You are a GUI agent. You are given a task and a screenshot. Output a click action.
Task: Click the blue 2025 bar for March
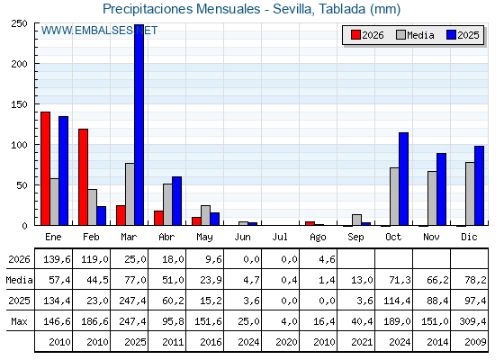tap(139, 125)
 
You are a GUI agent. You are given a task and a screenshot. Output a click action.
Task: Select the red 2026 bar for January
tap(45, 168)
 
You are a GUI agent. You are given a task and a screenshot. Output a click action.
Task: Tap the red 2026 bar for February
tap(83, 177)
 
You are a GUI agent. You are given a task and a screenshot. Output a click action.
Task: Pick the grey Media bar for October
tap(394, 196)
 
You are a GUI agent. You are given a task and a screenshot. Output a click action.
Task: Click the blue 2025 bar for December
tap(479, 185)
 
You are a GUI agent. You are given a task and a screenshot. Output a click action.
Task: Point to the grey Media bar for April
tap(167, 204)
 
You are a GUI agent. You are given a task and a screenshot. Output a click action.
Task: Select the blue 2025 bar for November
tap(441, 189)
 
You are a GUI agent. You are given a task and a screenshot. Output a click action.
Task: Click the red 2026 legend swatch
tap(355, 35)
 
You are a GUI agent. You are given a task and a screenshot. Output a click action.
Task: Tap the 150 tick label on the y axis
tap(19, 104)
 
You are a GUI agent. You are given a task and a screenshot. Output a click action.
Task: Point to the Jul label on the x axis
tap(280, 238)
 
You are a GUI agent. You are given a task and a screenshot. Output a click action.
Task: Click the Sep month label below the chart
tap(355, 238)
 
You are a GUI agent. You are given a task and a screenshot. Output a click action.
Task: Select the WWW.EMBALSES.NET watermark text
tap(99, 31)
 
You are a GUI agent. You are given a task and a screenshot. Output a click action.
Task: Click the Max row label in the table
tap(19, 321)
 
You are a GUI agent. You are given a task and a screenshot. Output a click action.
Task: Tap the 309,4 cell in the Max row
tap(472, 321)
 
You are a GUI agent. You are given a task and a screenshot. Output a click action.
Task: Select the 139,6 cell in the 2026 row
tap(57, 259)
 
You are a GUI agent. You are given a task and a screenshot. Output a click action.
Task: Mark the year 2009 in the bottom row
tap(475, 342)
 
